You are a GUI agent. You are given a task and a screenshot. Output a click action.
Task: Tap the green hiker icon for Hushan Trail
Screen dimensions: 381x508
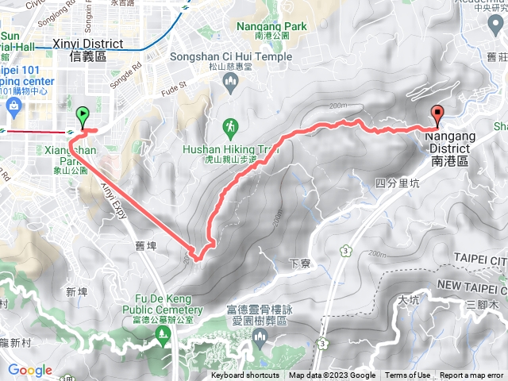pyautogui.click(x=229, y=127)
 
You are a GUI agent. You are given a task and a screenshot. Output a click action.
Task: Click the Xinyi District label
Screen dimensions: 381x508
pyautogui.click(x=87, y=49)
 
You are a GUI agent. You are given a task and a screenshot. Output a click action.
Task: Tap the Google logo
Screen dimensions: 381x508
pyautogui.click(x=29, y=370)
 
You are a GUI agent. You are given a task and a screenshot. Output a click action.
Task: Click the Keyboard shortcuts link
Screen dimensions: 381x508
pyautogui.click(x=245, y=375)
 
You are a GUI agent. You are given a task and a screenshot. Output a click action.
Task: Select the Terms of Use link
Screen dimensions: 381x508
pyautogui.click(x=408, y=375)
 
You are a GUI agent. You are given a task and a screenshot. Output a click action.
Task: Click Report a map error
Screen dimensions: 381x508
pyautogui.click(x=472, y=375)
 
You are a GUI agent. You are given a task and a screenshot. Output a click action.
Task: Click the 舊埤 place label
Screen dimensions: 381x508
pyautogui.click(x=146, y=245)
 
